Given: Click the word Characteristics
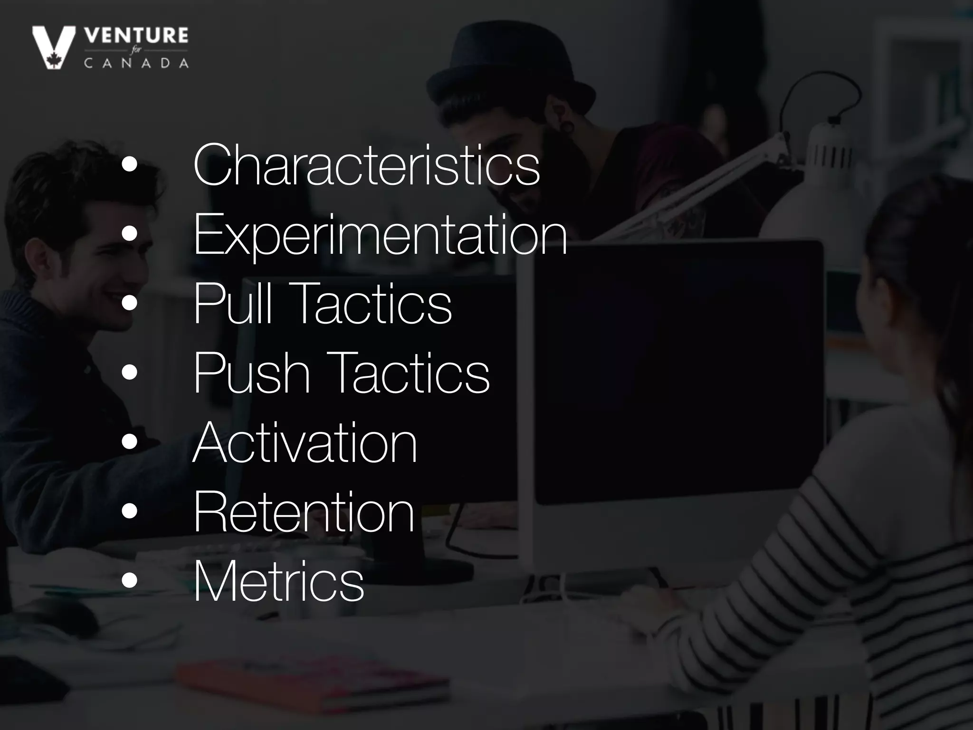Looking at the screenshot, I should click(366, 165).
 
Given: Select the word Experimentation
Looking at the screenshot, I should click(380, 234).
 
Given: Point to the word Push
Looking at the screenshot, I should click(252, 373).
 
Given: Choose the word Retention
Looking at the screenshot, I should click(304, 512).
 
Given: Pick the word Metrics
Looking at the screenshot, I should click(278, 581).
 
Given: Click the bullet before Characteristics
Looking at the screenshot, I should click(129, 165).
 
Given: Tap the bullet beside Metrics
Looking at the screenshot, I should click(129, 581).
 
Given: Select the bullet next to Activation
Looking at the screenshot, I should click(129, 442).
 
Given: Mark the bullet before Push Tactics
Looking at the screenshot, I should click(129, 373).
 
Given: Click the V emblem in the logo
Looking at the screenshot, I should click(53, 47).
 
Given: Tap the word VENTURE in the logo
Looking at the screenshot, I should click(136, 36).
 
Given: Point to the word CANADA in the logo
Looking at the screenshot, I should click(136, 63).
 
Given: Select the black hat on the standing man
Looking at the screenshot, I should click(508, 71).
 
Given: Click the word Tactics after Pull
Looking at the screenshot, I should click(373, 303).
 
